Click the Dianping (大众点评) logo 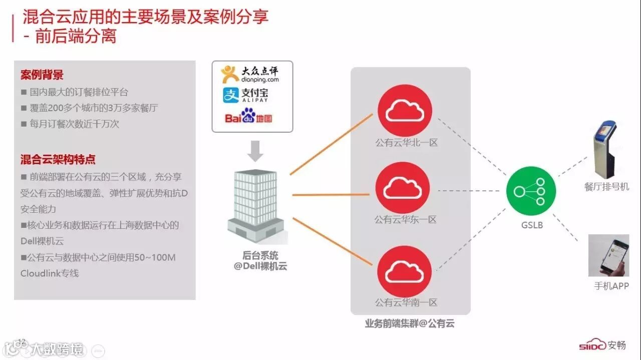pos(250,75)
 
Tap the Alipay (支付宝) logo pos(246,95)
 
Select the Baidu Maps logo pos(248,118)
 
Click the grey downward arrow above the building pos(255,151)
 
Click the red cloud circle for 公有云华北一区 pos(405,111)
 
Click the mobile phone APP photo pos(608,255)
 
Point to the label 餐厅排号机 pos(606,187)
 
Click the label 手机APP pos(611,286)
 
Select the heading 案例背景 pos(42,75)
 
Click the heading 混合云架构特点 pos(58,160)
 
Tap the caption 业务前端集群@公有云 pos(410,324)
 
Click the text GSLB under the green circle pos(531,225)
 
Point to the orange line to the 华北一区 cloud pos(332,144)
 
